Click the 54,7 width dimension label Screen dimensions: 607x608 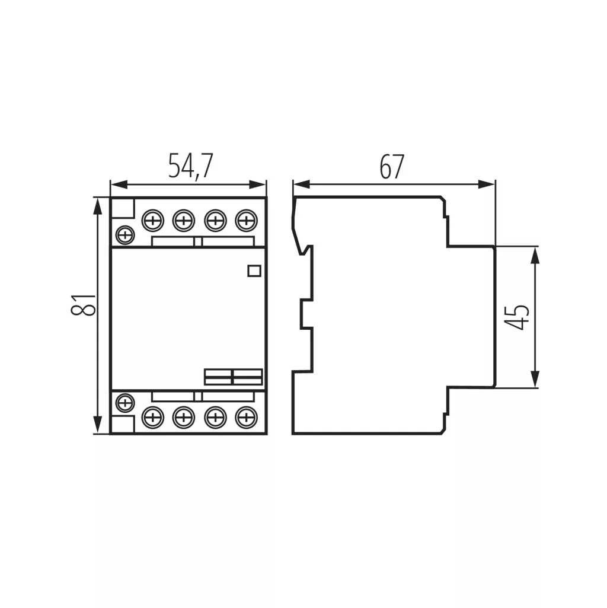191,166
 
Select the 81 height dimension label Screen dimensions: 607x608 83,305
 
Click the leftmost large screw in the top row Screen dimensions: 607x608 153,221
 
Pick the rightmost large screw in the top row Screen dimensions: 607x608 246,221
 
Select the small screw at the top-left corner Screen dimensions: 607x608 125,234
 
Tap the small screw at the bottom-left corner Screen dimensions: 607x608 125,403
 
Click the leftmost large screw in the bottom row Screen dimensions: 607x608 153,418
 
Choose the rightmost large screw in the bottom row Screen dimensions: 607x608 246,418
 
